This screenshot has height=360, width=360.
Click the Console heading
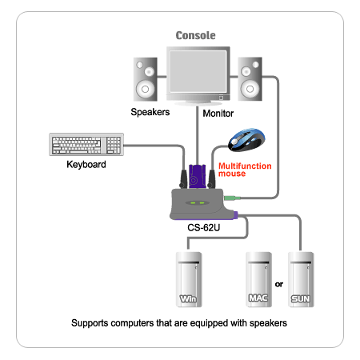pos(195,35)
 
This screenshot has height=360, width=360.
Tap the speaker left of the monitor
pos(146,79)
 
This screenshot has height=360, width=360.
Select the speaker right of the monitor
pos(250,79)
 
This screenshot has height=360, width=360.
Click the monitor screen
pos(198,71)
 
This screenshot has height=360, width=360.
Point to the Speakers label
pos(150,112)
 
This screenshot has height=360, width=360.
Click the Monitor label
pos(218,114)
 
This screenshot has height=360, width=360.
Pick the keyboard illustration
pos(86,144)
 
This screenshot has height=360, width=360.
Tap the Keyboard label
pos(86,165)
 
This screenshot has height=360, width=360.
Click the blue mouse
pos(246,140)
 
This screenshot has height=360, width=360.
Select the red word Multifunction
pos(245,166)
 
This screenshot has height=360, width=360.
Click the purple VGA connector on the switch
pos(197,177)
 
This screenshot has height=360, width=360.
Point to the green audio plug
pos(232,198)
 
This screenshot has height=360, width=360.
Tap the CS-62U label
pos(204,228)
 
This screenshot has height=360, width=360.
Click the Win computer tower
pos(189,279)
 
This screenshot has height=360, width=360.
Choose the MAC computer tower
pos(258,279)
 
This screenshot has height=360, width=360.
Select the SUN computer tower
pos(301,279)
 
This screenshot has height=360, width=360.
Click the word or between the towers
pos(279,284)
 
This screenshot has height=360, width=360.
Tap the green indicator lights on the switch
pos(198,203)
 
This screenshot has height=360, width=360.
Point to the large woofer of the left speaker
pos(145,89)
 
